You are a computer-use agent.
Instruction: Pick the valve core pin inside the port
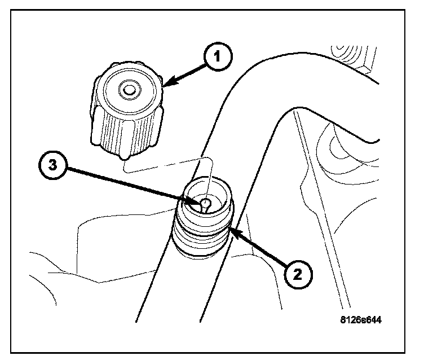(x=206, y=203)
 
